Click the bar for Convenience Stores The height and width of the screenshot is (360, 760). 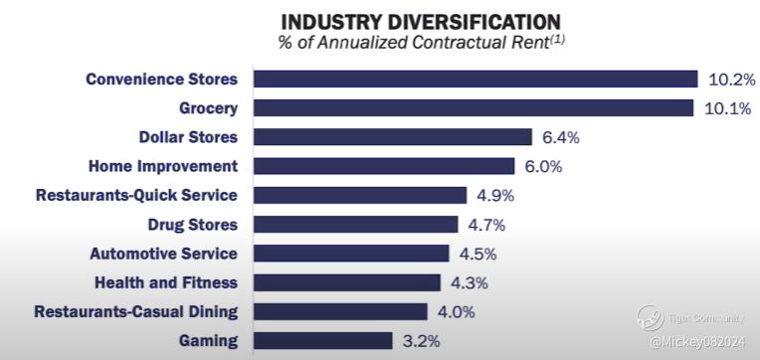tap(475, 79)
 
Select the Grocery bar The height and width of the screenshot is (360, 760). tap(474, 108)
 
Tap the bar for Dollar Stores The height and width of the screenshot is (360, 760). tap(393, 137)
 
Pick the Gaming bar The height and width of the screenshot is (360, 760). tap(323, 341)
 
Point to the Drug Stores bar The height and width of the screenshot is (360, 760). tap(356, 225)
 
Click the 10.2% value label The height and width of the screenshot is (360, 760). tap(731, 80)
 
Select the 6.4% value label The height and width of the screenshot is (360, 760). tap(561, 137)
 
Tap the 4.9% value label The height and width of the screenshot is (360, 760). tap(495, 196)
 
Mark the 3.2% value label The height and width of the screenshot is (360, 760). tap(421, 341)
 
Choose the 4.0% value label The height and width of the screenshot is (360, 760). tap(456, 312)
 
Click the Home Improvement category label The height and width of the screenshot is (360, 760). tap(163, 167)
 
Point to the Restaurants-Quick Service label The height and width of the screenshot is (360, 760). tap(136, 195)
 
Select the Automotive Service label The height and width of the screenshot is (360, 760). tap(164, 254)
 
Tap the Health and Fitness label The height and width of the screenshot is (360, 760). tap(166, 282)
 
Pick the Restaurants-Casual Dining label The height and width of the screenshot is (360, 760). tap(135, 311)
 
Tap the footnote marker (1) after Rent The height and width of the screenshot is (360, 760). tap(556, 39)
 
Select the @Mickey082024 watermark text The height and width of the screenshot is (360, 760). tap(697, 342)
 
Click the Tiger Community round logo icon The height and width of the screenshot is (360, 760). tap(651, 318)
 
